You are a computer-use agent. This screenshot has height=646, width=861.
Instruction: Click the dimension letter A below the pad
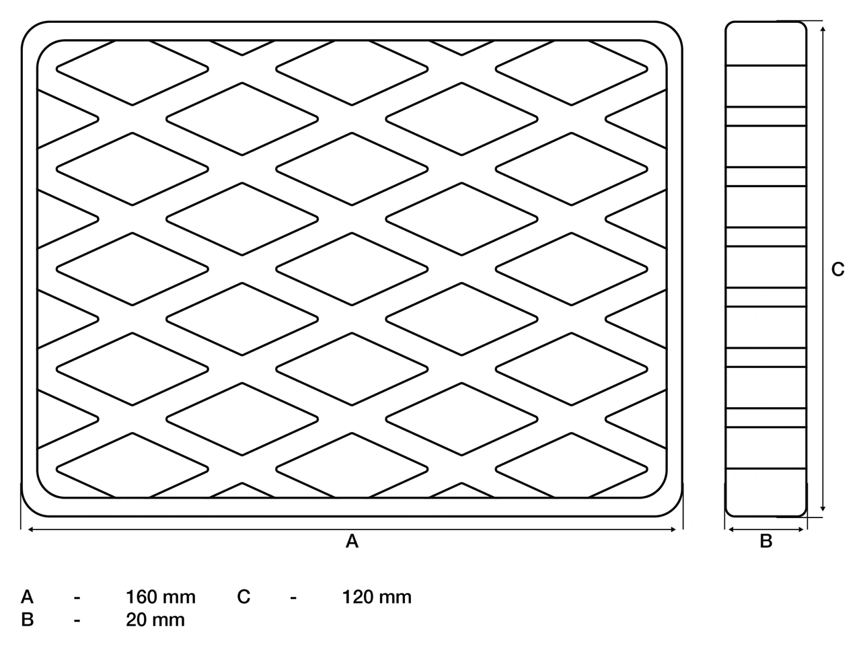(352, 541)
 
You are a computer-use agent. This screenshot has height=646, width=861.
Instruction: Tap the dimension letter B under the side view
(766, 541)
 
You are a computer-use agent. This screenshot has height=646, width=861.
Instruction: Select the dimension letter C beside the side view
(838, 269)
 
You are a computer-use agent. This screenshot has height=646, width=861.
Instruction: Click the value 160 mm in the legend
(161, 598)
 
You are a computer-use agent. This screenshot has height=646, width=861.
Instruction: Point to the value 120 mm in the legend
(377, 598)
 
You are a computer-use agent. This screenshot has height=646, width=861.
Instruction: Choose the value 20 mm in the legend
(155, 620)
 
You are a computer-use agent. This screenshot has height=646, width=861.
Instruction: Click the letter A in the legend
(28, 597)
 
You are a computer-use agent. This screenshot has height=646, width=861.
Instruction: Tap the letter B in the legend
(28, 620)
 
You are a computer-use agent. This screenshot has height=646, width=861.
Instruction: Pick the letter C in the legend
(244, 597)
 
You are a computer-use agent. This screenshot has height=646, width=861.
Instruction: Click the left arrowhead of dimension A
(30, 530)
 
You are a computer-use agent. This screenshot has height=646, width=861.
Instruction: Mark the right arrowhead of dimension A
(673, 530)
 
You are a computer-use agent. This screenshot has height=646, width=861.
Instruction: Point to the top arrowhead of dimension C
(823, 30)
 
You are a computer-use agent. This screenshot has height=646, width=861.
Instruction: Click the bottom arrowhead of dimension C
(823, 508)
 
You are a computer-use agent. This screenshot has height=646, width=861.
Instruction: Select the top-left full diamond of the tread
(133, 69)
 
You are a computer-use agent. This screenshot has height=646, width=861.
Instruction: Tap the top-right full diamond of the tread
(572, 69)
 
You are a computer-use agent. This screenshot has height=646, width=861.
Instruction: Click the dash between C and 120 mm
(293, 598)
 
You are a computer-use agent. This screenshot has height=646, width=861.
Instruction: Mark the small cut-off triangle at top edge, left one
(242, 46)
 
